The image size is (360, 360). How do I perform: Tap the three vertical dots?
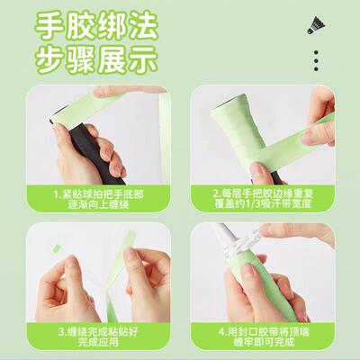click(x=316, y=60)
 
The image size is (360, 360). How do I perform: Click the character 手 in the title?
click(x=57, y=23)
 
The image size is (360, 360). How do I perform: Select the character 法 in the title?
click(x=151, y=23)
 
